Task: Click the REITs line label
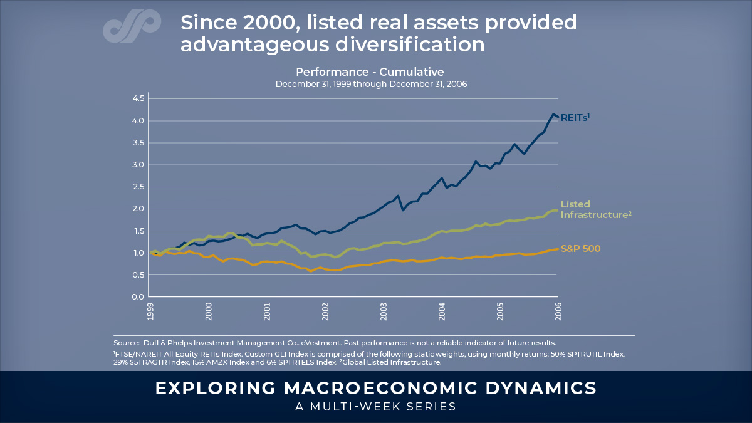575,117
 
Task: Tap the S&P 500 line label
580,249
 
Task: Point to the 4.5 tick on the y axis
137,98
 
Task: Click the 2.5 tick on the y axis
137,187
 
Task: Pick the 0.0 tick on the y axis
137,297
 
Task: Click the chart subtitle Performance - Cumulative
370,71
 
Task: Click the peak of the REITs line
553,114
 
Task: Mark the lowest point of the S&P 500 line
311,271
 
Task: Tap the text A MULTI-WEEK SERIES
375,406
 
